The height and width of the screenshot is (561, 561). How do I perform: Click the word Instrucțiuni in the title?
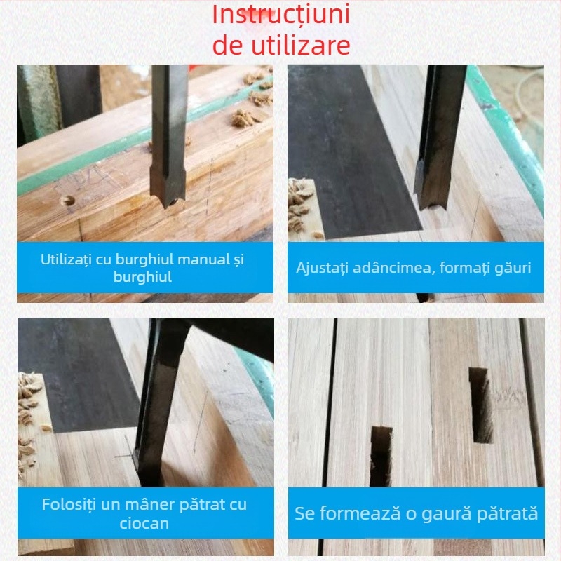[x=281, y=15]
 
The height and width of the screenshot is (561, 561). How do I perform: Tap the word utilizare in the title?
[x=301, y=45]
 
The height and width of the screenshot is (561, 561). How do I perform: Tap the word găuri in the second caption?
[x=513, y=268]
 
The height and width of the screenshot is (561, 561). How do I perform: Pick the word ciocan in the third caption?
[x=144, y=523]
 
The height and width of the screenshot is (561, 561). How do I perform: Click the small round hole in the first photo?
[x=67, y=201]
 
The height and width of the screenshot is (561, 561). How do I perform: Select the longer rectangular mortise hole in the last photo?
[x=481, y=405]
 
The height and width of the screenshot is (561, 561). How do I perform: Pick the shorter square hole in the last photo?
[x=381, y=457]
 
